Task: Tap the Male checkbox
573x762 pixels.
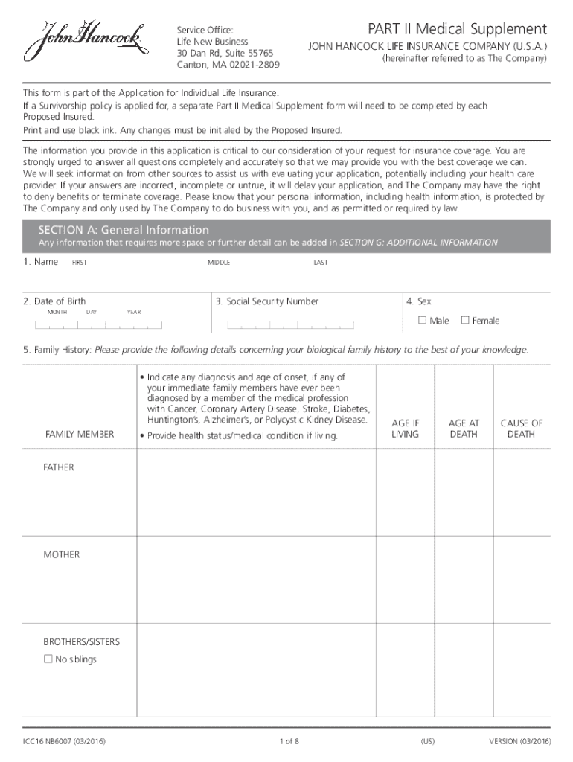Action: [x=423, y=321]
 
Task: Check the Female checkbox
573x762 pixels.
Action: [x=465, y=321]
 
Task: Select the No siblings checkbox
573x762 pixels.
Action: [x=48, y=659]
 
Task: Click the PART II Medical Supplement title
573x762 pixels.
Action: [x=457, y=30]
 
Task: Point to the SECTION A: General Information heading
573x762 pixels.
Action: [x=124, y=230]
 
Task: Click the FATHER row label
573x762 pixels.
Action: [x=59, y=467]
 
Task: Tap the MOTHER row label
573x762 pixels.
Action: [x=61, y=554]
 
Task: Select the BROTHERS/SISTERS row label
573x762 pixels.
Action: [x=81, y=641]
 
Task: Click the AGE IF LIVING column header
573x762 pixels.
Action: [x=406, y=429]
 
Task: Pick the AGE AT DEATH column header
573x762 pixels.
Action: [x=464, y=429]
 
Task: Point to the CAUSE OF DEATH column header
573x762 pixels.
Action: [x=522, y=429]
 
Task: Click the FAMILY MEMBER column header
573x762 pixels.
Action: [x=80, y=434]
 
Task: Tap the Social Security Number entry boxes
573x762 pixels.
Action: [x=291, y=325]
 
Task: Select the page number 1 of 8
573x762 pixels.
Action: [x=289, y=741]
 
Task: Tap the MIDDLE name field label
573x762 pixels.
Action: [x=219, y=263]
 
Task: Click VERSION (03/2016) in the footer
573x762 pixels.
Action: [x=519, y=741]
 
